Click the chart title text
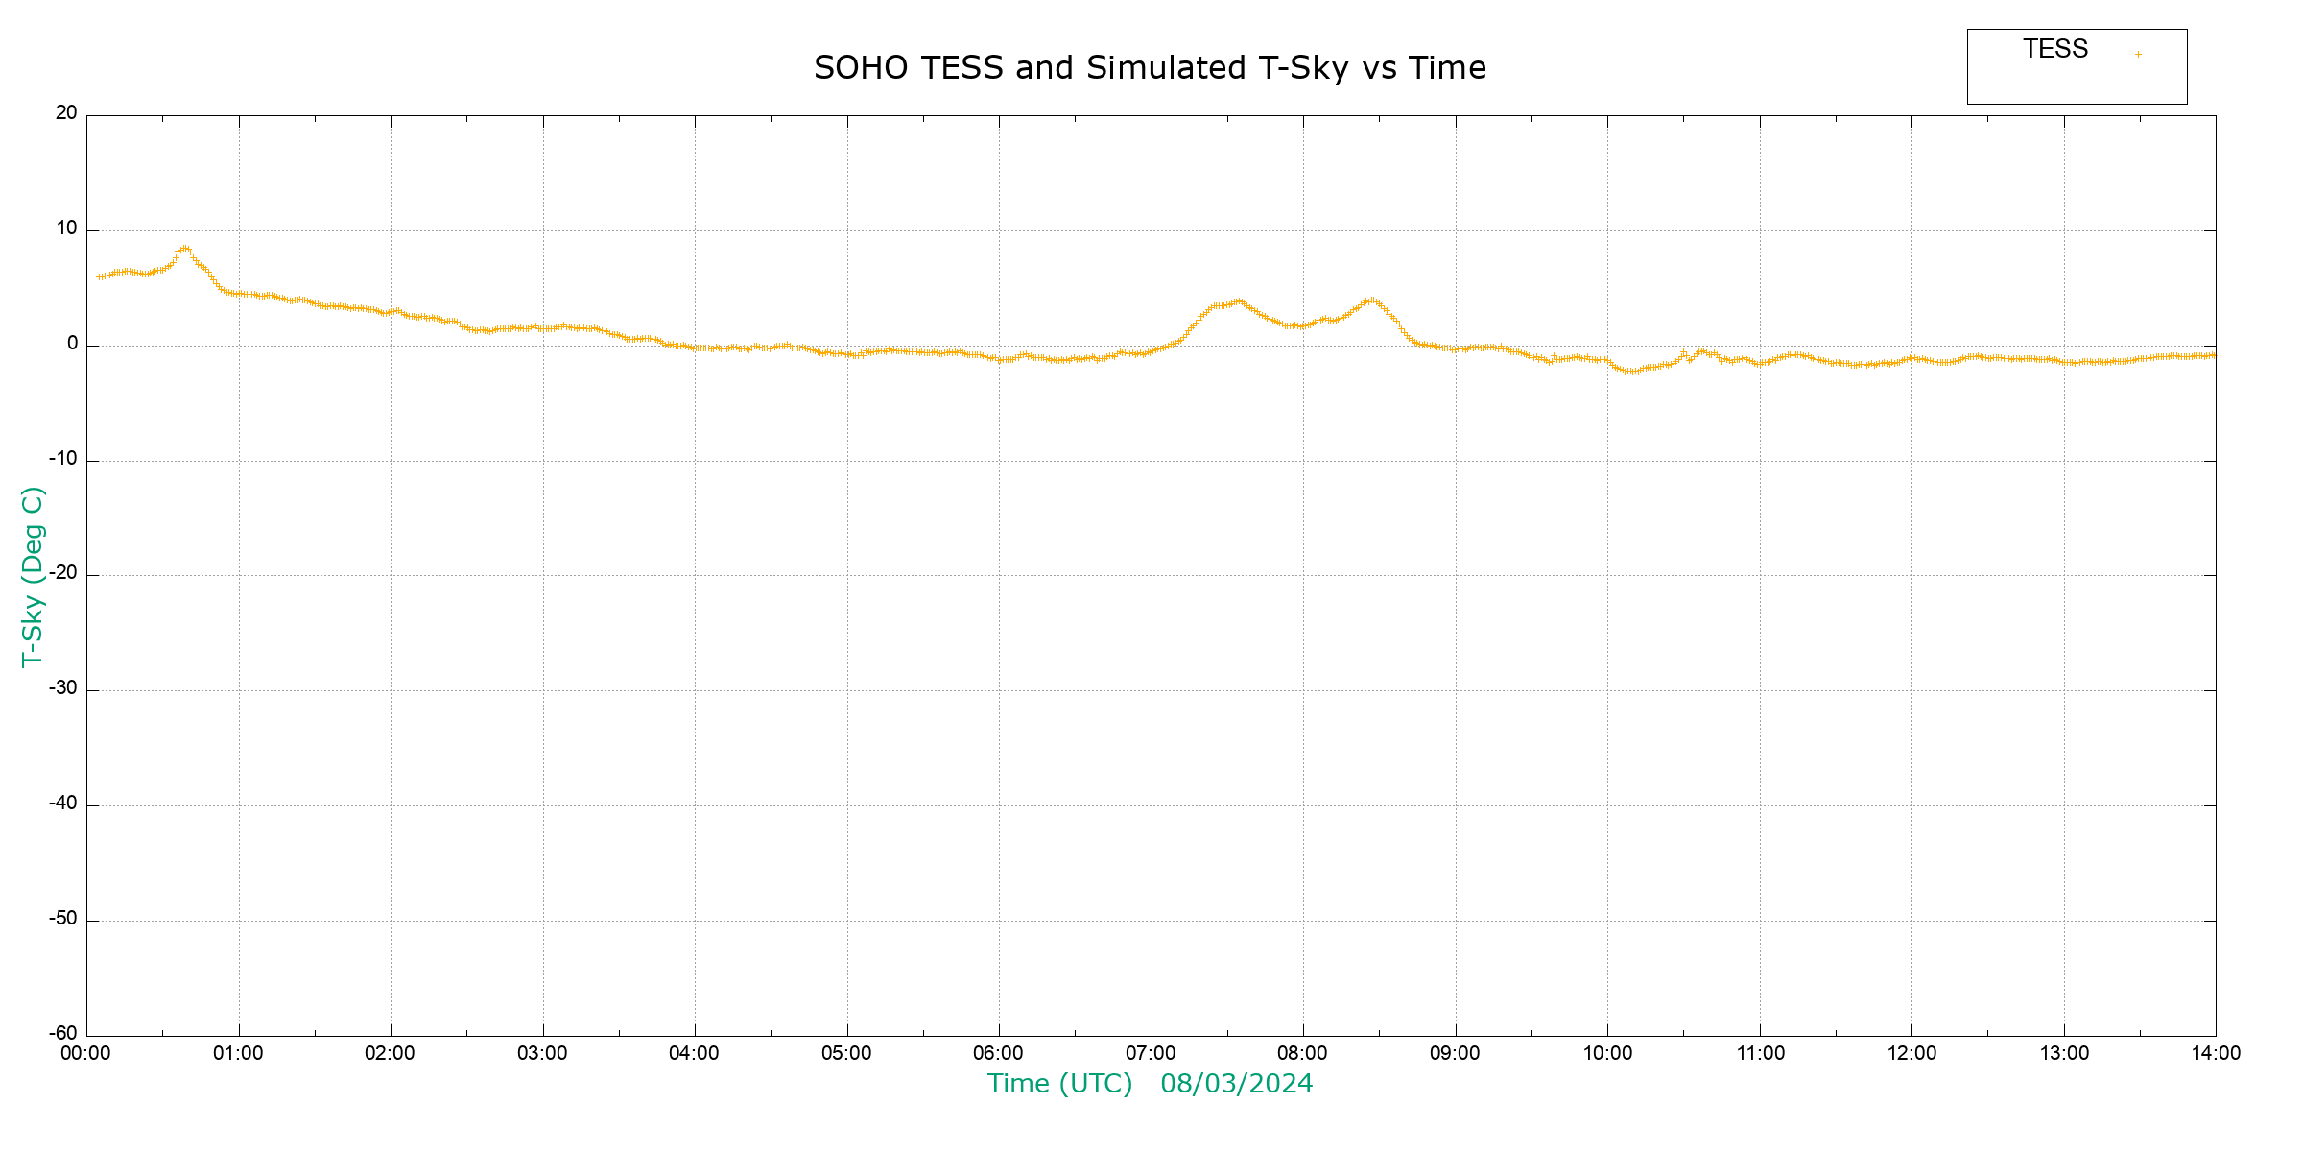click(1150, 68)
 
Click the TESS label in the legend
click(2055, 49)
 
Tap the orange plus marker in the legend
click(2138, 54)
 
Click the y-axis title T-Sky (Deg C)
click(33, 576)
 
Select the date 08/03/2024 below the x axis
click(1236, 1084)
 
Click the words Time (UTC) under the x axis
click(1059, 1084)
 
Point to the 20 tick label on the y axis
click(66, 113)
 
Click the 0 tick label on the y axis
click(72, 344)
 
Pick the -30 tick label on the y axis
click(63, 688)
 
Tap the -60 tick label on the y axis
click(63, 1034)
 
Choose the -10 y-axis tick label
click(63, 459)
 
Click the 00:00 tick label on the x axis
click(86, 1054)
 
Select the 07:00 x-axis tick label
click(1151, 1054)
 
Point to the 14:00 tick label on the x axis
click(2216, 1054)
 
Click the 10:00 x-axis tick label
click(1607, 1054)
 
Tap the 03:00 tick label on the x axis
click(542, 1054)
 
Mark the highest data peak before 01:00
click(184, 249)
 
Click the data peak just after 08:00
click(1372, 300)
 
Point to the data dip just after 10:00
click(1630, 371)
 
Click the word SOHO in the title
click(860, 68)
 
